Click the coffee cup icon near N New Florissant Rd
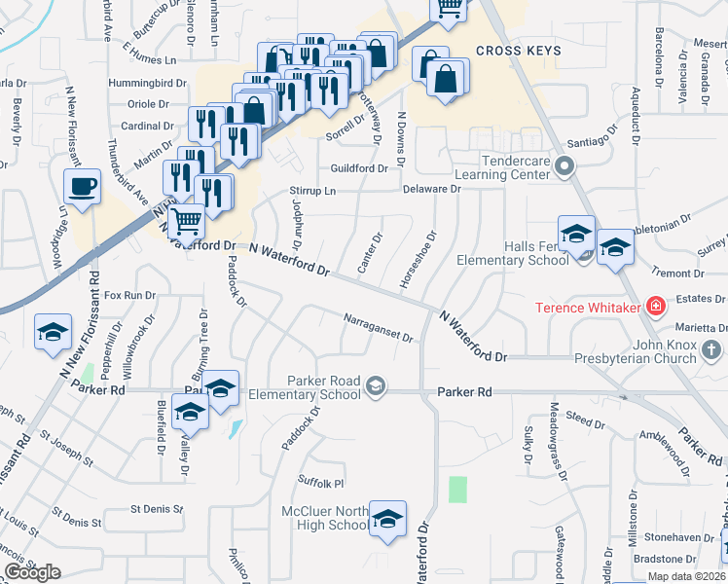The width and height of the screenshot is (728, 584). click(82, 186)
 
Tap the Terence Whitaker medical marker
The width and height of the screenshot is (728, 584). click(657, 308)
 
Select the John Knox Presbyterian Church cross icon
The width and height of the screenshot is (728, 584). click(711, 349)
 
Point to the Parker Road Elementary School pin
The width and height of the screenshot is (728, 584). click(374, 388)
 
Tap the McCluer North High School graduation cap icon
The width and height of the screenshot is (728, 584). click(387, 518)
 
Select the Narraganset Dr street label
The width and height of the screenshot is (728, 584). click(380, 329)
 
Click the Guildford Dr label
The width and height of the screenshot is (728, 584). click(358, 168)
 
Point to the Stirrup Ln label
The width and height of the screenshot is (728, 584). click(311, 191)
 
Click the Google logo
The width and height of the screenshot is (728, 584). click(32, 572)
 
